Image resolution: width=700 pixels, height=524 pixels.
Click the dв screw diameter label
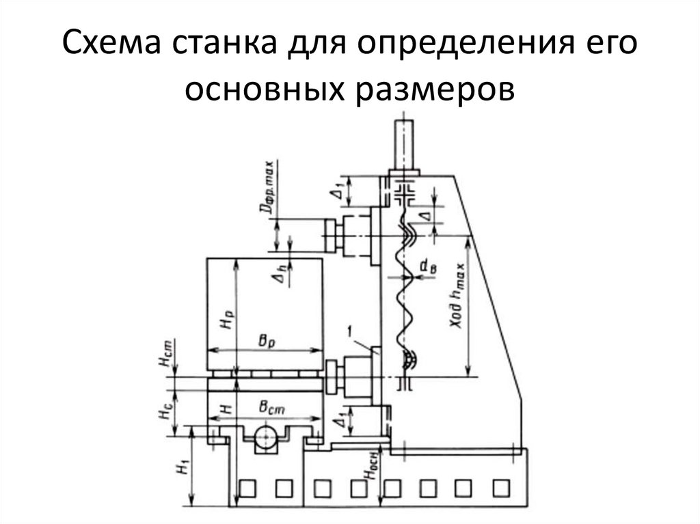coord(429,268)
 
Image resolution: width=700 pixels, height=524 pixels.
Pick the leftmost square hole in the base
coord(245,488)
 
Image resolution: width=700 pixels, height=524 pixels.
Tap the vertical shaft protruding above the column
coord(402,143)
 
